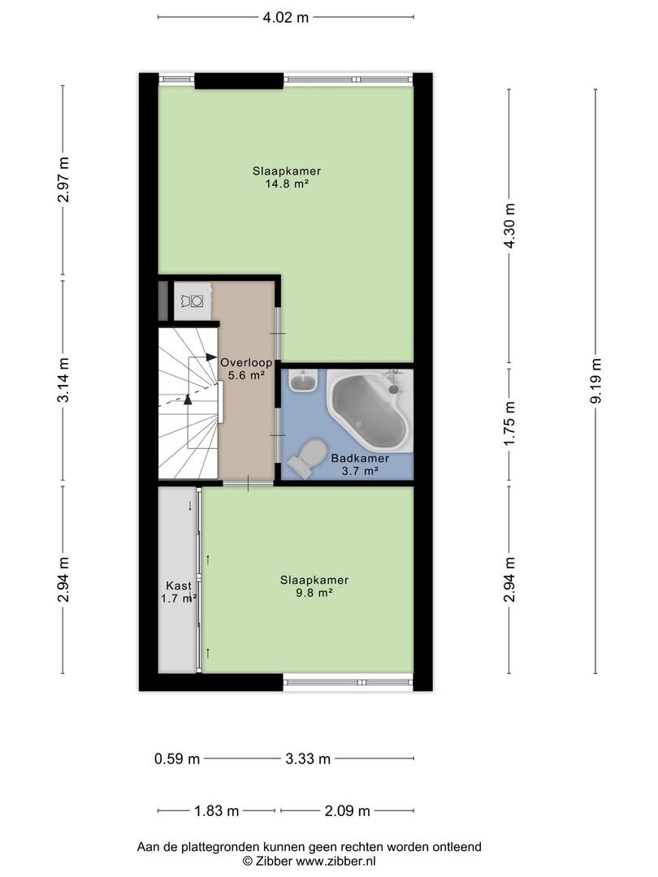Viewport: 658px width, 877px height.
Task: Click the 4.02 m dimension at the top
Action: click(x=285, y=16)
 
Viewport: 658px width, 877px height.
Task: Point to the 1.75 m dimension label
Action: click(x=509, y=423)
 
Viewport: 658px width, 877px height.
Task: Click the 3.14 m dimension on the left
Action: click(x=63, y=381)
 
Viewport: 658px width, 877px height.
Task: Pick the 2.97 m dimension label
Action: click(x=63, y=180)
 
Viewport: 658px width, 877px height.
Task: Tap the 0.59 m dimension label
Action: click(x=177, y=759)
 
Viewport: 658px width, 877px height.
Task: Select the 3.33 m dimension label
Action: click(x=308, y=759)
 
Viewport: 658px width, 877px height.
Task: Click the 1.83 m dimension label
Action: click(x=217, y=810)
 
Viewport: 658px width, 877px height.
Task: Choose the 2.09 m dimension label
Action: click(x=347, y=810)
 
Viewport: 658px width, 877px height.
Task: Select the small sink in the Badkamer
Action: click(x=304, y=380)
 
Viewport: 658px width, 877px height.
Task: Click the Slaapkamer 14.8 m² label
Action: click(x=286, y=177)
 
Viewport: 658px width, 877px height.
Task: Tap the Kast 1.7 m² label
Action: click(x=179, y=592)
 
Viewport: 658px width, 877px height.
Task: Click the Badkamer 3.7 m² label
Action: click(x=360, y=464)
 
